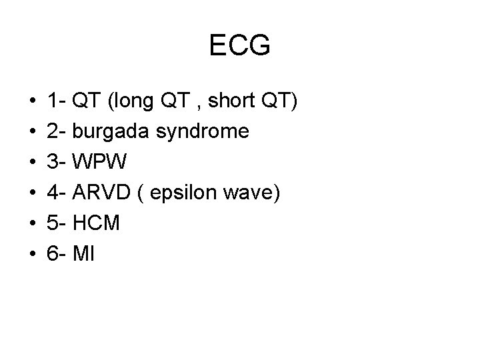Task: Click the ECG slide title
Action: point(239,46)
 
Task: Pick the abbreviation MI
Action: point(86,253)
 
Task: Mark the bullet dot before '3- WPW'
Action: point(33,163)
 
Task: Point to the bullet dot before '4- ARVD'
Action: point(33,193)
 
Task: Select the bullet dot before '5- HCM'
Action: point(33,223)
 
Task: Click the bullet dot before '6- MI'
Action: point(33,254)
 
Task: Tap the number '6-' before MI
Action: point(56,253)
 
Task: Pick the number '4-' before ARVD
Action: point(56,193)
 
